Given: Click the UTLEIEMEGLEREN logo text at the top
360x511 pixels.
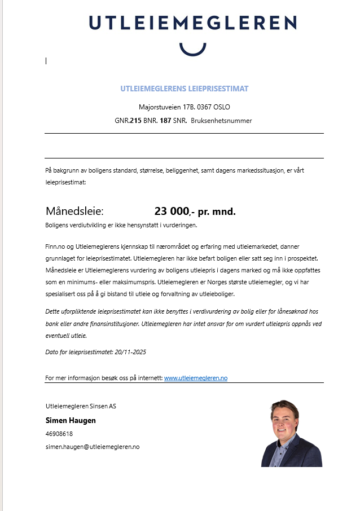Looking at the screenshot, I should point(192,23).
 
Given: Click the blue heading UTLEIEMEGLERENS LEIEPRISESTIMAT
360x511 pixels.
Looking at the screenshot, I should point(184,89).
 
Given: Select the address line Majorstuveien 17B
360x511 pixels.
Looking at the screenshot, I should point(184,107).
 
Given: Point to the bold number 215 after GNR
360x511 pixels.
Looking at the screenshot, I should point(135,121).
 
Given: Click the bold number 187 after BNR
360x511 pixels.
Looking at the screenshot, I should point(165,121).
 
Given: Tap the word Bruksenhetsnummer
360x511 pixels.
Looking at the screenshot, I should point(221,121).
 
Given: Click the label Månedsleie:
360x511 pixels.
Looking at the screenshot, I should point(74,212).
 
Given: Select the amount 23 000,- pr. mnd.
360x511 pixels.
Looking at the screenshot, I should point(195,212).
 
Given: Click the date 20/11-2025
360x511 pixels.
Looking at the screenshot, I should point(130,352).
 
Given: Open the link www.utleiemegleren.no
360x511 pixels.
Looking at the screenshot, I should point(195,378).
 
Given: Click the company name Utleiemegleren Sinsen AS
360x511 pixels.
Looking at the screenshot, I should point(81,406).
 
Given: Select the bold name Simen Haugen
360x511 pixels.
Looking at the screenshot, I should point(71,420).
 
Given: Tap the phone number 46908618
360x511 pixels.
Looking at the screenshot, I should point(59,434).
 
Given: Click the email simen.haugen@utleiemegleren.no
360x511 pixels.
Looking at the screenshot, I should point(93,447).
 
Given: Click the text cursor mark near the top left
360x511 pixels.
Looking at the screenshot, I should point(46,61).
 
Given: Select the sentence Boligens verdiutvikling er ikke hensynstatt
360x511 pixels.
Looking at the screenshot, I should point(121,225).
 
